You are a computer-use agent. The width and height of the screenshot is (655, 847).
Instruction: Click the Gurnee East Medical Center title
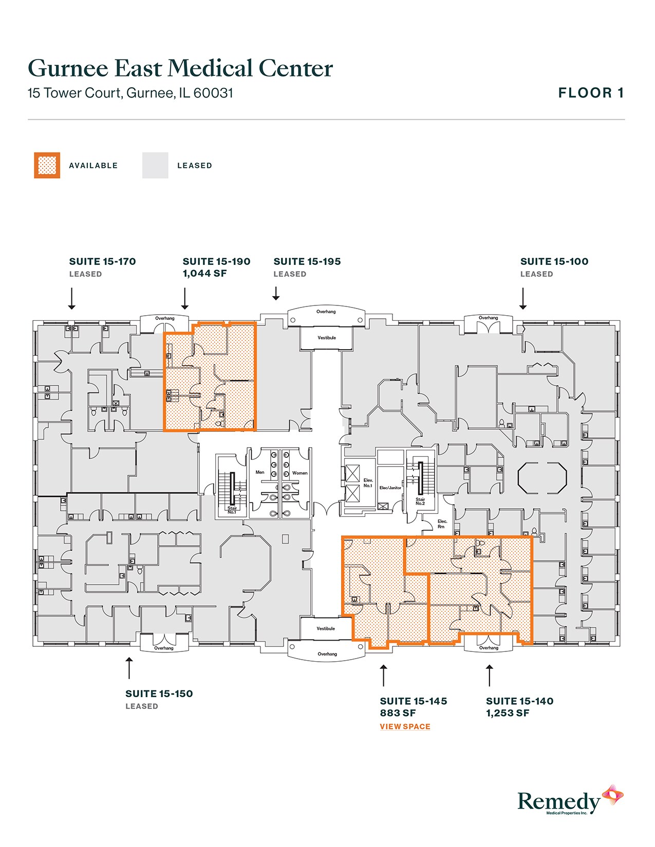180,69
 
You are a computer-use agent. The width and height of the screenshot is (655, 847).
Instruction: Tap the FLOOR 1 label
591,93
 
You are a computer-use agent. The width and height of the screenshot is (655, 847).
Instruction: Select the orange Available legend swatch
47,165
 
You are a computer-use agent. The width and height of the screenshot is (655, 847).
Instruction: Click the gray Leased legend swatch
155,165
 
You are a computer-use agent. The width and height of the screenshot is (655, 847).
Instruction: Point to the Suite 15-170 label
102,261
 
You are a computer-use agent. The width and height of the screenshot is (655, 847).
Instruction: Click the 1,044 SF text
204,274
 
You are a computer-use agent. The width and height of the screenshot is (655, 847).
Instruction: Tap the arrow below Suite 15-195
276,294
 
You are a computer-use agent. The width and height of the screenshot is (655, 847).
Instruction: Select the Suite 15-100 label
554,261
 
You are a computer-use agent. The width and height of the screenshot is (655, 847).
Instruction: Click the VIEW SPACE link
405,726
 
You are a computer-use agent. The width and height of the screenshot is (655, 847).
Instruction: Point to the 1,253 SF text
507,713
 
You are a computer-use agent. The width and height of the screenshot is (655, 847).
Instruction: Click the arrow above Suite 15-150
129,667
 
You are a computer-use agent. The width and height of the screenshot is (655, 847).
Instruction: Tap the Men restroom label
260,472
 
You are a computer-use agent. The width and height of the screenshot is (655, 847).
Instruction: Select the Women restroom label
300,473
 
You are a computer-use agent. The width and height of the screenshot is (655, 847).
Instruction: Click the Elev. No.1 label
368,483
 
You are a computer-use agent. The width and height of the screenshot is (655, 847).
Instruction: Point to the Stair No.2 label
420,501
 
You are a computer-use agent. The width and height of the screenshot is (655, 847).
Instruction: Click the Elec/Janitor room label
390,488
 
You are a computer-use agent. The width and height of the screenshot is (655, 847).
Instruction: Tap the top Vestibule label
326,338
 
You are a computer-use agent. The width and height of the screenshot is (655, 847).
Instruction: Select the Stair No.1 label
232,510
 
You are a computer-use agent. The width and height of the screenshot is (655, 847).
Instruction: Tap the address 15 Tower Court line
130,93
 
